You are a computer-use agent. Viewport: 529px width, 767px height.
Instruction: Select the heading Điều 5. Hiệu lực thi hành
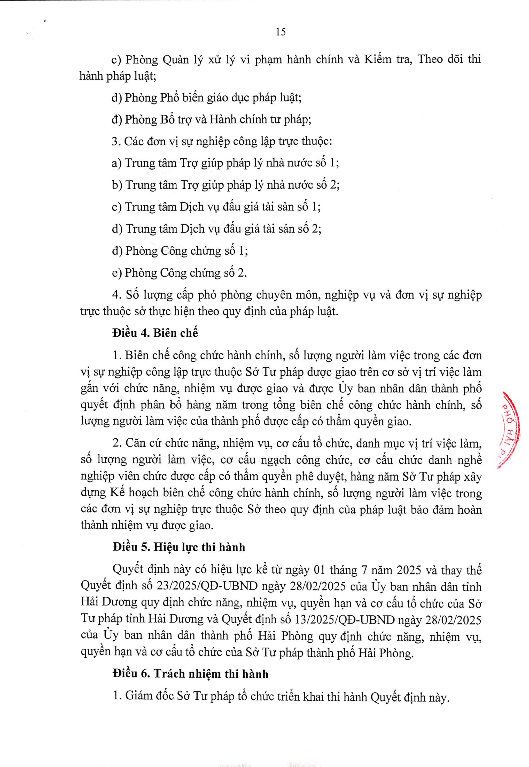(179, 547)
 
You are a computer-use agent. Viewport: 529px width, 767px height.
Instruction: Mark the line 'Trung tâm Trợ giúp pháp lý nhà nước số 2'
(226, 185)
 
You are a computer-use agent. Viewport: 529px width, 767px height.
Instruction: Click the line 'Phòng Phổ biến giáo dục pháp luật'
(206, 98)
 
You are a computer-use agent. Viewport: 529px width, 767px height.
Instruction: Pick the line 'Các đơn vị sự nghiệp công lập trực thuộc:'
(222, 141)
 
